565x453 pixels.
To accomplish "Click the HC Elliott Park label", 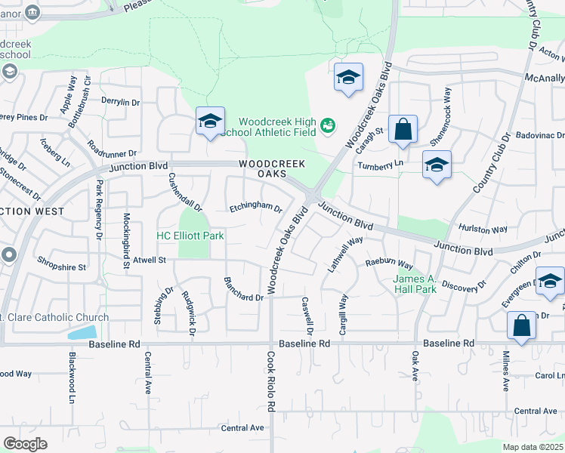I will click(190, 236).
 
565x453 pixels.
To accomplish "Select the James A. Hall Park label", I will click(415, 284).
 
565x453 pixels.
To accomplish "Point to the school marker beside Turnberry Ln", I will click(437, 165).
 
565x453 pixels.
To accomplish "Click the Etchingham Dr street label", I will click(255, 208).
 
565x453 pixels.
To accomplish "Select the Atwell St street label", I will click(149, 260).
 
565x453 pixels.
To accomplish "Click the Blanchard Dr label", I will click(243, 289).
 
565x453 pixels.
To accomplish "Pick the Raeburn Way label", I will click(389, 264).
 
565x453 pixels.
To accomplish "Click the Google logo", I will click(25, 443).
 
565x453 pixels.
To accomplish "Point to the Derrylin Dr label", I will click(120, 102).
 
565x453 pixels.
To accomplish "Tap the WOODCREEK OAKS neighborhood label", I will click(273, 168).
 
